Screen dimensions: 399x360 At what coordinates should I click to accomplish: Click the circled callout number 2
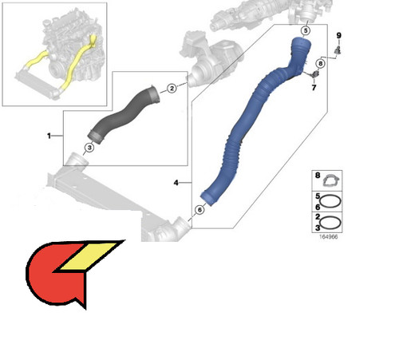172,88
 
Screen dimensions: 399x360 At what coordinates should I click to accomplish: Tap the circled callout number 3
89,148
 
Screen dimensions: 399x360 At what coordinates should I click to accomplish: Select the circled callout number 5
306,30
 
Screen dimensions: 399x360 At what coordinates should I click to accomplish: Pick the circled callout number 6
199,210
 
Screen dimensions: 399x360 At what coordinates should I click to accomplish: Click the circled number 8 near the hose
321,64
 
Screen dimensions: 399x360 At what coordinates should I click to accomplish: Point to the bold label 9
338,35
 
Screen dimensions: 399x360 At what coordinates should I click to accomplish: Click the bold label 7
314,87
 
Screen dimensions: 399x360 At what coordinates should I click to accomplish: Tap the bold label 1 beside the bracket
49,136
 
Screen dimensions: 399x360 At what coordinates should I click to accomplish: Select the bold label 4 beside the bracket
176,183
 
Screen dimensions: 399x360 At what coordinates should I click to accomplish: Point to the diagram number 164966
328,236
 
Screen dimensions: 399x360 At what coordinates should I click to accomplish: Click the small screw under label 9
338,49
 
